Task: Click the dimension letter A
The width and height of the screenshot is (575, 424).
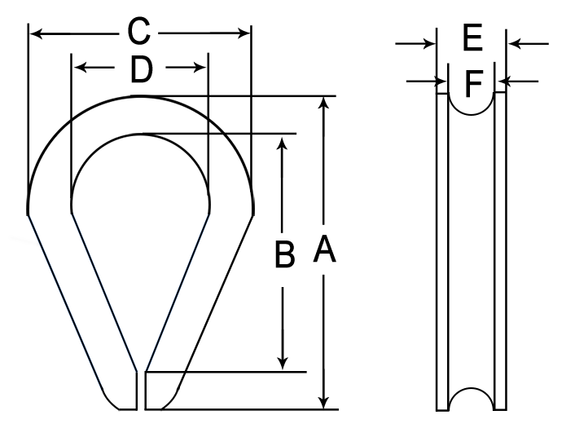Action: (324, 250)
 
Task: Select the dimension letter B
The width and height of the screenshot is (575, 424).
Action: (284, 254)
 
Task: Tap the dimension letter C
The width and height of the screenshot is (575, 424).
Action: (138, 31)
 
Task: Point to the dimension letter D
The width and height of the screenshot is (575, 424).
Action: (142, 70)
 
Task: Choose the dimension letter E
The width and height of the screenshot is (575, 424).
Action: (472, 37)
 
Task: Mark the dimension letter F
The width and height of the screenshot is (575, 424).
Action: (474, 84)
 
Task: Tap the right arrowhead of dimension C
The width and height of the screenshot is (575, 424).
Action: (244, 33)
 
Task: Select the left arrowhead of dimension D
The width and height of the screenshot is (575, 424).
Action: (81, 68)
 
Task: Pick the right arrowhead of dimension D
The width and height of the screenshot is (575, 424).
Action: (199, 68)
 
